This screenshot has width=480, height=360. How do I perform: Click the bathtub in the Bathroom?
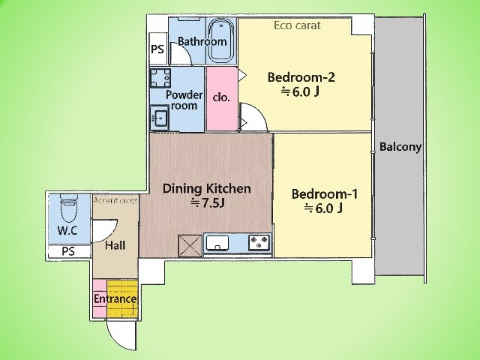tap(222, 40)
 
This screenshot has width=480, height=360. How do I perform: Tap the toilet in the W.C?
tap(68, 208)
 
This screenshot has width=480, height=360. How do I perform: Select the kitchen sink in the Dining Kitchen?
tap(217, 243)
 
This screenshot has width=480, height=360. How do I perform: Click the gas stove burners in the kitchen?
tap(259, 242)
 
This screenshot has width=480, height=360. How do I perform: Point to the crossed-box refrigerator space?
tap(190, 245)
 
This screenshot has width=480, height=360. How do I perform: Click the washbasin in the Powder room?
tap(159, 117)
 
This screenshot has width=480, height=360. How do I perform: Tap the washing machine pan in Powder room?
tap(160, 78)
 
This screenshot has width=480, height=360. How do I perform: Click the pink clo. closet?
tap(222, 98)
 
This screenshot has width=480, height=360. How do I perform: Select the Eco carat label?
tap(297, 25)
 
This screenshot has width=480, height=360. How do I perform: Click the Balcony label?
tap(400, 147)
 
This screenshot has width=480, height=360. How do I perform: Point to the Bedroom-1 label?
tap(325, 194)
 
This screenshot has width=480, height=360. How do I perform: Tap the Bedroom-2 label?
tap(301, 77)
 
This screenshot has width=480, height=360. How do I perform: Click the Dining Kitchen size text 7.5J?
tap(208, 202)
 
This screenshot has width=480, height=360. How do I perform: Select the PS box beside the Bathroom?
tap(158, 49)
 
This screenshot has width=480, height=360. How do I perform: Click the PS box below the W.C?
tap(68, 251)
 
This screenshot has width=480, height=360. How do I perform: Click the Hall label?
tap(115, 245)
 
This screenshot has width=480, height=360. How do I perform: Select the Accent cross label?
tap(115, 200)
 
